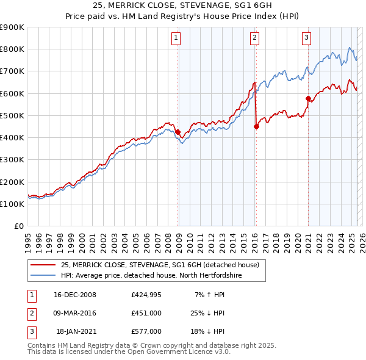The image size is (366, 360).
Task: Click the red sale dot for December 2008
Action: pos(178,132)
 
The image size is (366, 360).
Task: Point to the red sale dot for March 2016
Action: pos(256,126)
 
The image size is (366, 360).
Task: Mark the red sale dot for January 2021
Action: pos(308,98)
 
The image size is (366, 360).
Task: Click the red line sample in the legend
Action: pos(43,265)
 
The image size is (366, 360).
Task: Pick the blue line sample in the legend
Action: pos(43,275)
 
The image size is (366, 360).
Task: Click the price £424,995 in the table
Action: pos(146,295)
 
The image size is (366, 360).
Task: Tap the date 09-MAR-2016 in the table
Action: pos(75,313)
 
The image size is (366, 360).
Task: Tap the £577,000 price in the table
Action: pos(146,331)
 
